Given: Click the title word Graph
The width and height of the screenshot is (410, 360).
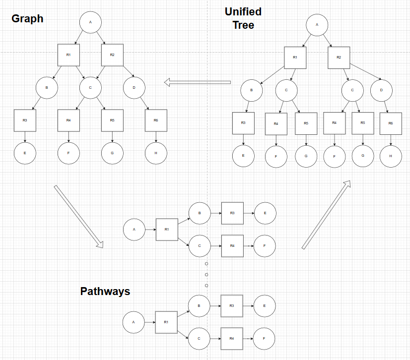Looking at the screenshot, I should coord(27,19).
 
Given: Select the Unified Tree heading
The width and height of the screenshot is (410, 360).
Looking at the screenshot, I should coord(243,18).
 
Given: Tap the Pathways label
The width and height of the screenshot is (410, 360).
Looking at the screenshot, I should coord(105,291).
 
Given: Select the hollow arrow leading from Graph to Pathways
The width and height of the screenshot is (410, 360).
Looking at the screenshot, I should coord(78,216).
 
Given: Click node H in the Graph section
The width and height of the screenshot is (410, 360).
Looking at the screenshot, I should coord(156,153).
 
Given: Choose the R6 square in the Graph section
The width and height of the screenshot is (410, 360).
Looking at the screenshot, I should coord(156,120).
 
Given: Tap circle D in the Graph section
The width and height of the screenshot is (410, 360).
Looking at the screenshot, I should coord(134,88).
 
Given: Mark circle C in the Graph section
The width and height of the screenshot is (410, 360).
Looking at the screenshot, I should coord(90,88).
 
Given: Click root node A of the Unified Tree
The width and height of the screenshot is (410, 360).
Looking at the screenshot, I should coord(317,24).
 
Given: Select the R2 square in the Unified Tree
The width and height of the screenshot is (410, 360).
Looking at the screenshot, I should coord(339,58).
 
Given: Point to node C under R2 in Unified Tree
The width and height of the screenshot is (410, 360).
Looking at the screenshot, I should coord(352,90).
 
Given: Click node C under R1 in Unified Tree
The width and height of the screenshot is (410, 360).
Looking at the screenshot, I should coord(286,91).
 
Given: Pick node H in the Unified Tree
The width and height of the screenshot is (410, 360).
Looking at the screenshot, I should coord(391,156).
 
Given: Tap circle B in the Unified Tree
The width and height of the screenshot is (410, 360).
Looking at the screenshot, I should coord(252,91).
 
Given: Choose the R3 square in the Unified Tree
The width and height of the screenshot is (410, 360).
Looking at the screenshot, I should coord(243,123).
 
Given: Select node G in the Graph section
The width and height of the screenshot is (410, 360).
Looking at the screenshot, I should coord(112,153).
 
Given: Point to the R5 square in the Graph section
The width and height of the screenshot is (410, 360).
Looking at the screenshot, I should coord(112,120).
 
